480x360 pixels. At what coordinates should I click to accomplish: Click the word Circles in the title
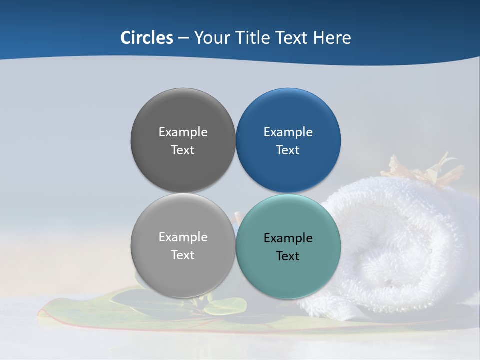[x=147, y=38]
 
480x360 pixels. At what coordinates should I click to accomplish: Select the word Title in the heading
[x=250, y=38]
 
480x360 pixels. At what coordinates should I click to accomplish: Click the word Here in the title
[x=332, y=38]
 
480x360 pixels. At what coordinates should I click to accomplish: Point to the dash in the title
[x=183, y=38]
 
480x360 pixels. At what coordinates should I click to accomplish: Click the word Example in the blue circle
[x=288, y=132]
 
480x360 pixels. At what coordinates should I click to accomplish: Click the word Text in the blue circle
[x=288, y=150]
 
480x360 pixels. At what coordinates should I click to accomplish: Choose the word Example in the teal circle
[x=288, y=238]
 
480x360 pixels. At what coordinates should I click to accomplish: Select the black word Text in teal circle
[x=288, y=256]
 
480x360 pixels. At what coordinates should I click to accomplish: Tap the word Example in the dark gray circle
[x=183, y=132]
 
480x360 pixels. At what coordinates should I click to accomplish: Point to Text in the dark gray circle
[x=183, y=150]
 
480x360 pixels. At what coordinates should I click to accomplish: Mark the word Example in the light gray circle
[x=183, y=237]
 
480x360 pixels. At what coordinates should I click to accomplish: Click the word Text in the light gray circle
[x=183, y=255]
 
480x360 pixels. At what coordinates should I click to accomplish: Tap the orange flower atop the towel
[x=425, y=170]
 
